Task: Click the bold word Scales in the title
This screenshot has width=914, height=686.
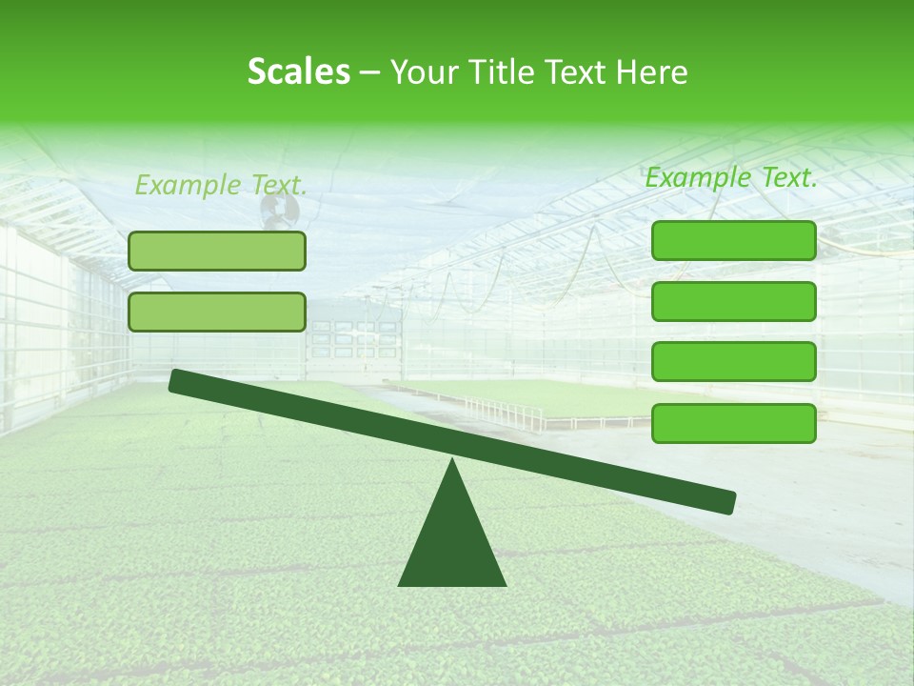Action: pos(298,72)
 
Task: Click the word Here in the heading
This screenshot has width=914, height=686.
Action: pos(653,72)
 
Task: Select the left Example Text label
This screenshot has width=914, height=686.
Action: pos(221,185)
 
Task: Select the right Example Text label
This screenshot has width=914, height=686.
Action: pos(731,177)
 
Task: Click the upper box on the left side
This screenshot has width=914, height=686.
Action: pos(217,251)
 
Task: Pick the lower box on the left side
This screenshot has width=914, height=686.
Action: pos(217,312)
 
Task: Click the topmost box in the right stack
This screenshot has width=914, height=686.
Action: pos(734,241)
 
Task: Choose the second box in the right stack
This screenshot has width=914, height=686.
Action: pos(734,301)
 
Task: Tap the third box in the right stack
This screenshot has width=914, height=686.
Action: pos(734,362)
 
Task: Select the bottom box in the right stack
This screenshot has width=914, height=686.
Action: pos(734,423)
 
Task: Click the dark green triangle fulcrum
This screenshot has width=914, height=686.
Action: pos(452,543)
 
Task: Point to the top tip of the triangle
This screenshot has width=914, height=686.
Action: pos(452,461)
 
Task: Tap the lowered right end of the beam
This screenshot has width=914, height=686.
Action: pos(727,501)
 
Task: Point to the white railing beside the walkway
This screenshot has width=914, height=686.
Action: pos(505,412)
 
